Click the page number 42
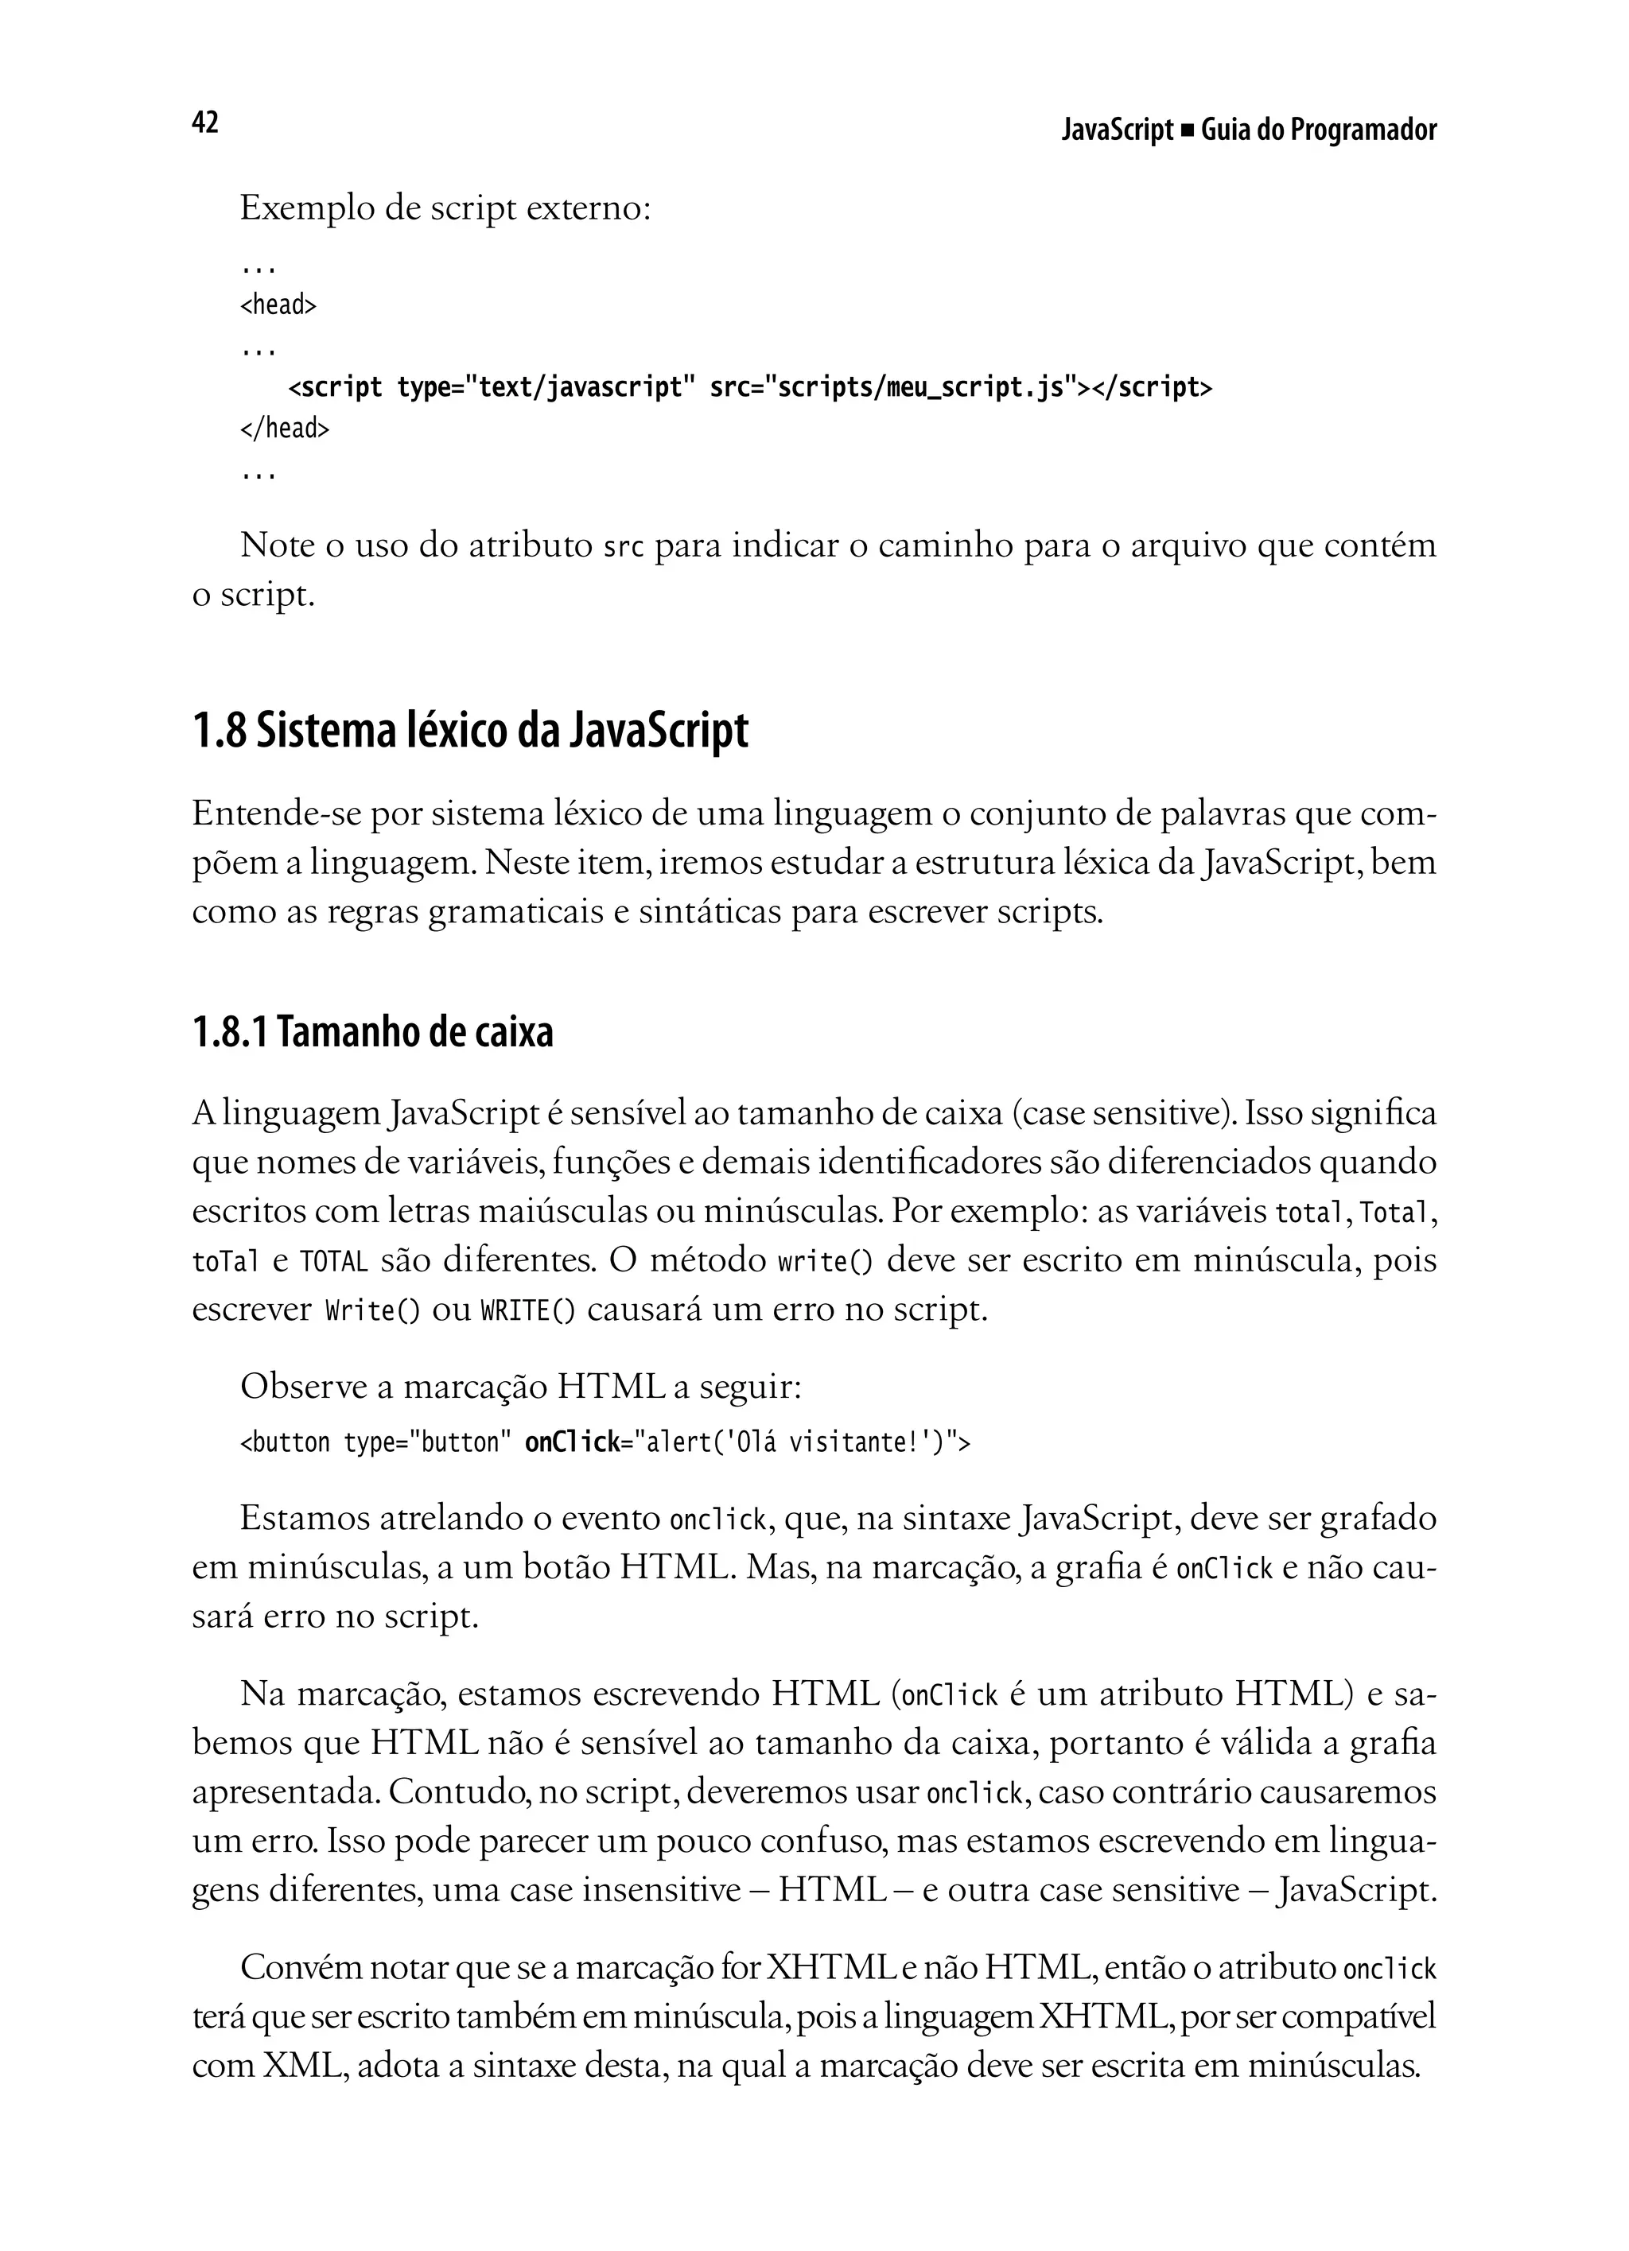[204, 123]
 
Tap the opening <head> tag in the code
[278, 305]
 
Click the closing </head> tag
[284, 429]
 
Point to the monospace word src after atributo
[624, 548]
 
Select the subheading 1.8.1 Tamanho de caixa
[372, 1033]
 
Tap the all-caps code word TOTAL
[333, 1263]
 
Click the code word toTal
[225, 1263]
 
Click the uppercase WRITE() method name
[527, 1311]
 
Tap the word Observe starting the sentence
[304, 1387]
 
